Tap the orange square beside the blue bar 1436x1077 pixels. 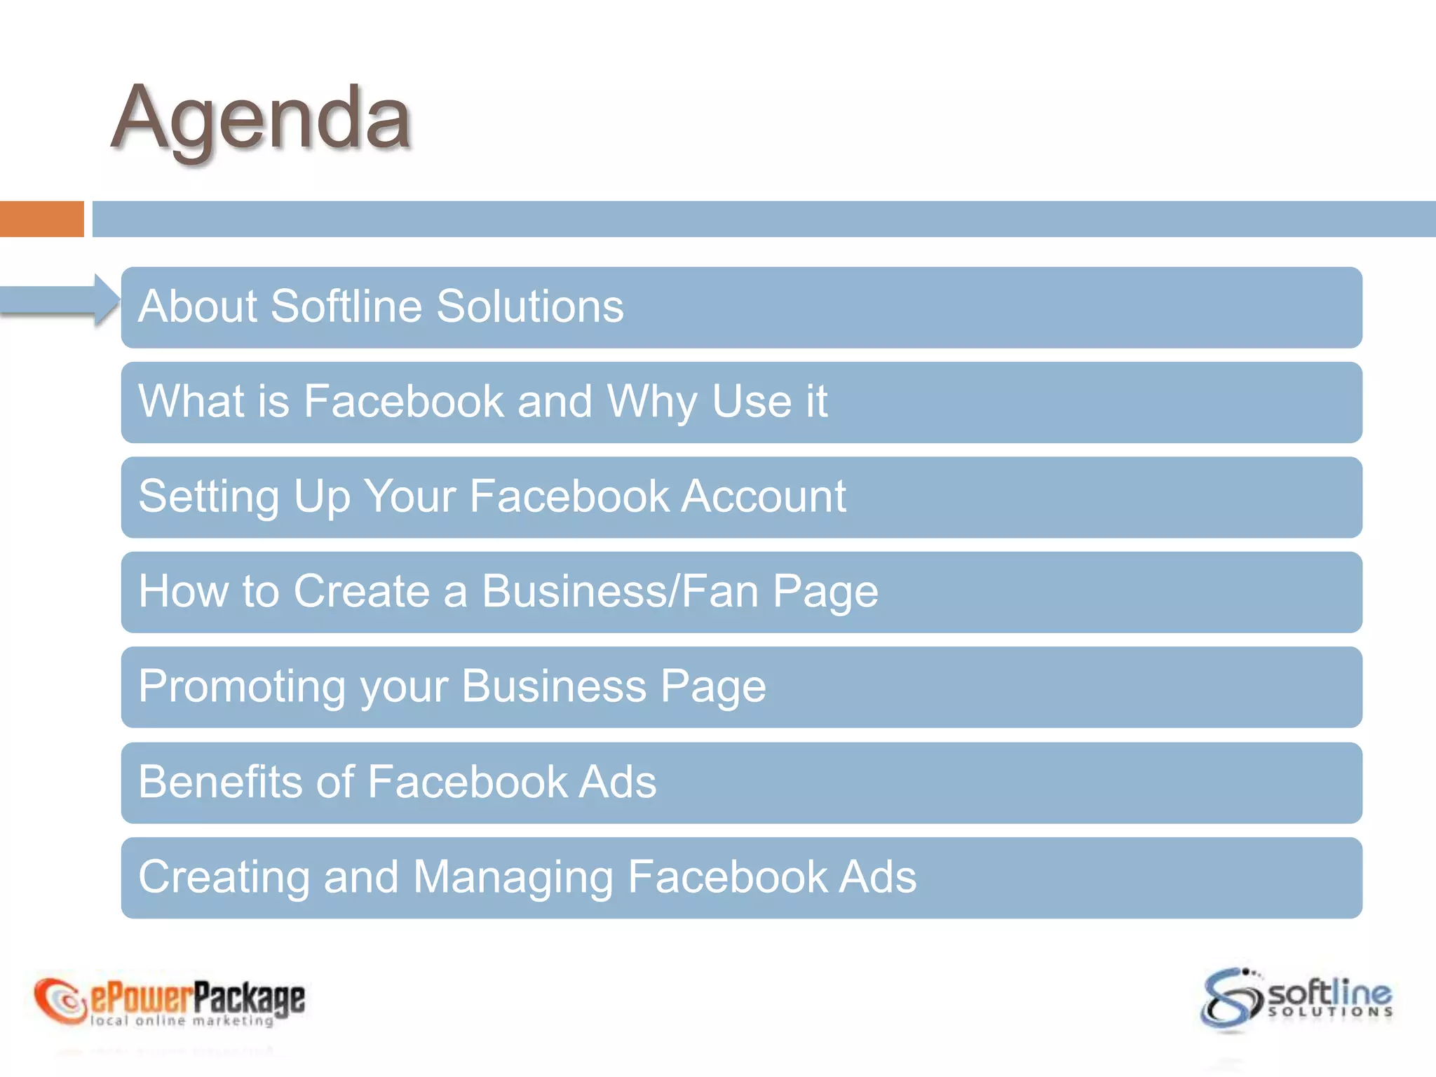coord(41,219)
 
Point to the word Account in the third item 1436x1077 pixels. coord(764,496)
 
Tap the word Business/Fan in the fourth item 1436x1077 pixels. coord(621,591)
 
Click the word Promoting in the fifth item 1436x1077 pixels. coord(242,686)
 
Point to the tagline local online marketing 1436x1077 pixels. coord(182,1021)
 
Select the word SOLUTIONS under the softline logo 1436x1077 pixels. coord(1330,1012)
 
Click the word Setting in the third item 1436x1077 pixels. coord(209,496)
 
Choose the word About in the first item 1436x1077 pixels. coord(198,306)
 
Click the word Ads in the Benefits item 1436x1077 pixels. coord(617,781)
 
